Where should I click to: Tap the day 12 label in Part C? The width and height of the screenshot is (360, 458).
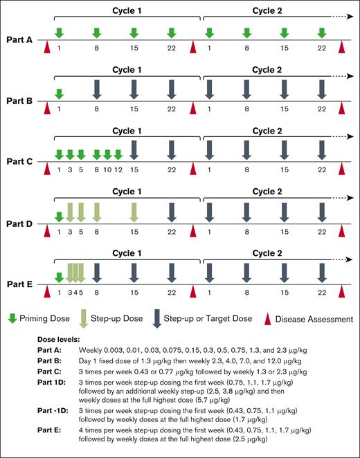pyautogui.click(x=118, y=170)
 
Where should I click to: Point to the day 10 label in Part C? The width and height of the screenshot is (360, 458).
pyautogui.click(x=107, y=170)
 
